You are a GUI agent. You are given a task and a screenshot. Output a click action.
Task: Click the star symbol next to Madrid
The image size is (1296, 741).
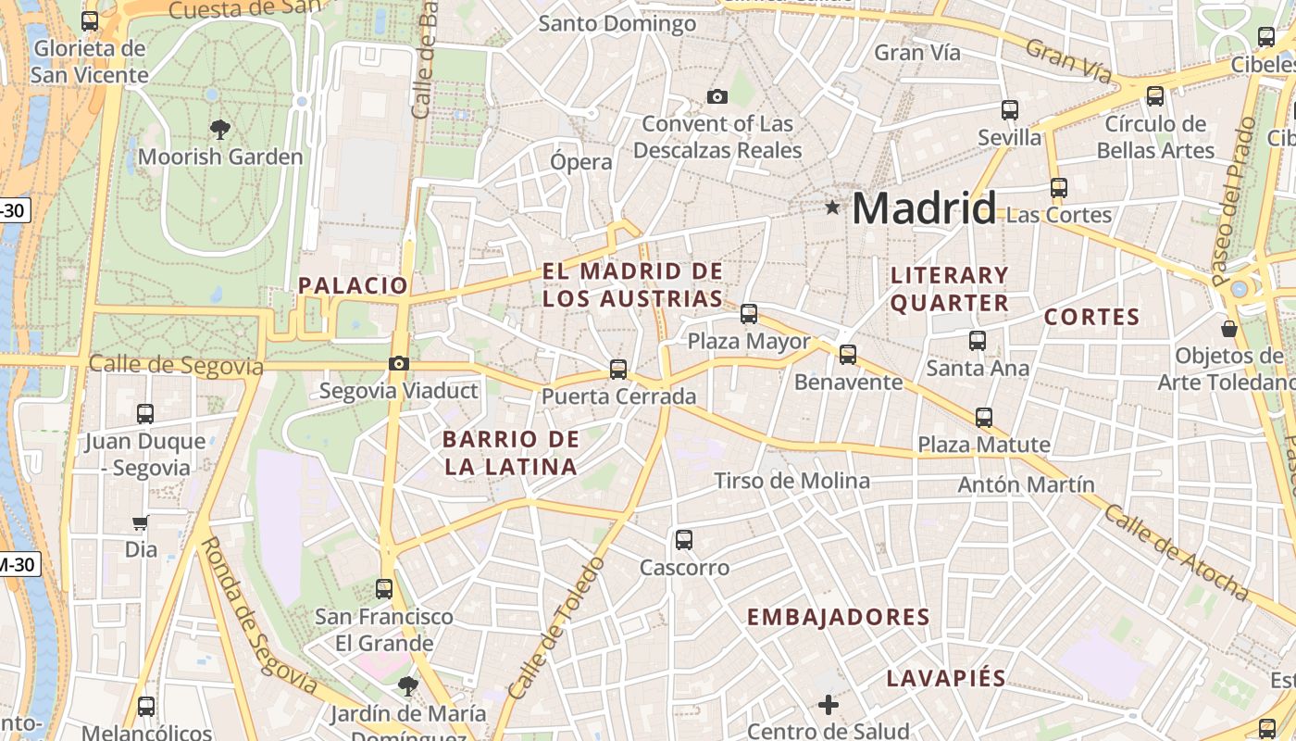pos(832,208)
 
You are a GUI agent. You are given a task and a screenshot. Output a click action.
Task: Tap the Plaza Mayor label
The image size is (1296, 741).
pos(748,341)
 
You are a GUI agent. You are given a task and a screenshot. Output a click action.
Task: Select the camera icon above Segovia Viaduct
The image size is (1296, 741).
pos(399,363)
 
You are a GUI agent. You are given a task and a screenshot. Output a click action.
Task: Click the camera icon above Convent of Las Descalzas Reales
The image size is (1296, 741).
pos(717,96)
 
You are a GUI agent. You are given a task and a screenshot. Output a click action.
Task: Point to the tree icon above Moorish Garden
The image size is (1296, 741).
pos(220,129)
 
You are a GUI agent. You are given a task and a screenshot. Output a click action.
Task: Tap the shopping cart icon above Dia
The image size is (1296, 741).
pos(141,522)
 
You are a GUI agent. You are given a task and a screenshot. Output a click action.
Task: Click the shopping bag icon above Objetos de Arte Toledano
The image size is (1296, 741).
pos(1229,329)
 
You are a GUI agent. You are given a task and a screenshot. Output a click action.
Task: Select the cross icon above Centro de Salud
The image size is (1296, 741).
pos(829,705)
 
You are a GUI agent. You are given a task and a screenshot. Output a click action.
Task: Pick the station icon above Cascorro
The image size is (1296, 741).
pos(684,539)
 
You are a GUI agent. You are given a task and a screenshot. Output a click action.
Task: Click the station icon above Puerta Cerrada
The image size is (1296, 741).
pos(618,370)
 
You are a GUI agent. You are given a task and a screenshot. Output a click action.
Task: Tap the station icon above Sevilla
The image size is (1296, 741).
pos(1010,110)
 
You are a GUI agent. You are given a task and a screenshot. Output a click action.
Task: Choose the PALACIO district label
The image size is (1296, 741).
pos(353,285)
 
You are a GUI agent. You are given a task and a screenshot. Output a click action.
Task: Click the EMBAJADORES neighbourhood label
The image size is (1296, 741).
pos(838,617)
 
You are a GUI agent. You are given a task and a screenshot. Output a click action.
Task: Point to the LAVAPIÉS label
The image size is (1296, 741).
pos(946,678)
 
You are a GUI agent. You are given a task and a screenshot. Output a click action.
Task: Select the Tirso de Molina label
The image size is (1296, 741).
pos(791,481)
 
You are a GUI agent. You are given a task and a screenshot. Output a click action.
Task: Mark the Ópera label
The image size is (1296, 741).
pos(581,162)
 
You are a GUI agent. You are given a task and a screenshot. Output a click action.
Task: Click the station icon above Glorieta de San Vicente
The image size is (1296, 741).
pos(90,20)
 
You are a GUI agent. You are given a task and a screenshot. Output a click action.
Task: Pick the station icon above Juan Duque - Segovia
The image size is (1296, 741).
pos(145,413)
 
